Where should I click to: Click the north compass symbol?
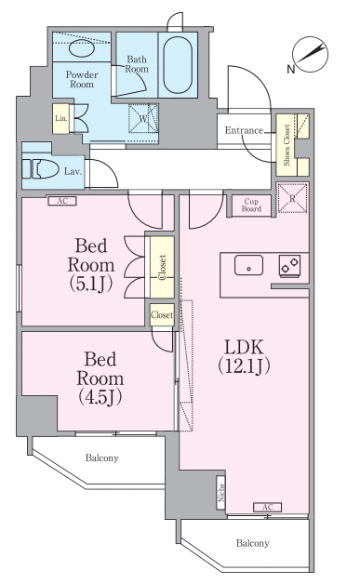pos(310,55)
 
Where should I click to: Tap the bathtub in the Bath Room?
pos(178,65)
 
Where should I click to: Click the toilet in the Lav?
pos(40,169)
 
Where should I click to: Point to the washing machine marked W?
pos(143,118)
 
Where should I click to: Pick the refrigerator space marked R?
pos(292,198)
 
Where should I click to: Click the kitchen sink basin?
pos(248,265)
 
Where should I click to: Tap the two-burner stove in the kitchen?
pos(290,266)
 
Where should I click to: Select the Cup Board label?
pos(251,205)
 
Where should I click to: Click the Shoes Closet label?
pos(287,145)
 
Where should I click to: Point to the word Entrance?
pos(244,130)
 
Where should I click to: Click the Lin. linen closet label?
pos(61,118)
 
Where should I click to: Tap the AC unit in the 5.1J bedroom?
pos(62,201)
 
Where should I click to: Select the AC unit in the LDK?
pos(268,507)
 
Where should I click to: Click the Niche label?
pos(221,492)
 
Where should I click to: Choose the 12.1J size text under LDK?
pos(244,365)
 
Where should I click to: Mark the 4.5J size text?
pos(100,397)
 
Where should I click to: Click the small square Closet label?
pos(162,315)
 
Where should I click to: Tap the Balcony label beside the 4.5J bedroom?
pos(101,458)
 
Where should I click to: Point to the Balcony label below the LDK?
pos(253,543)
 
